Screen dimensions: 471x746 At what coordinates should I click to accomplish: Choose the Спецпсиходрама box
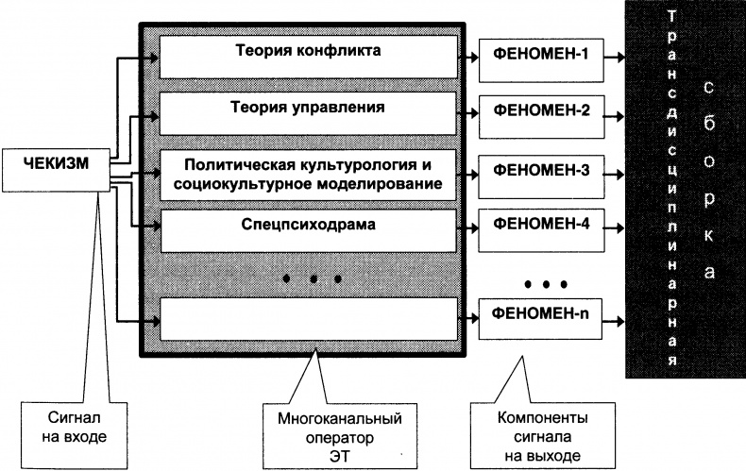click(x=307, y=227)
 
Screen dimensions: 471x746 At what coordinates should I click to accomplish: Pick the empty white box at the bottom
click(x=307, y=318)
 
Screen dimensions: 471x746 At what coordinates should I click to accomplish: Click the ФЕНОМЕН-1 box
click(x=541, y=54)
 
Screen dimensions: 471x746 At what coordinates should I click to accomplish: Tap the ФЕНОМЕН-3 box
click(x=541, y=172)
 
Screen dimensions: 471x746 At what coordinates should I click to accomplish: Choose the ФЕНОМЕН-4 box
click(x=541, y=227)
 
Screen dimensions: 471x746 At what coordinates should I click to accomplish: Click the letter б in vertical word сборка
click(x=708, y=123)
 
